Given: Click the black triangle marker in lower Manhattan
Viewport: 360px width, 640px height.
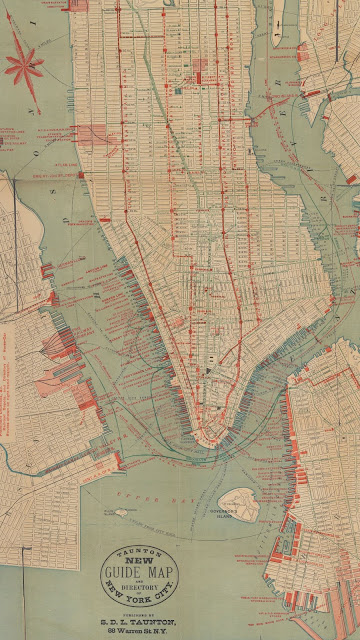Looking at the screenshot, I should tap(208, 372).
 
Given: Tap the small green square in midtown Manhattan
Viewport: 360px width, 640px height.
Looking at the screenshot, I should tap(179, 92).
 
